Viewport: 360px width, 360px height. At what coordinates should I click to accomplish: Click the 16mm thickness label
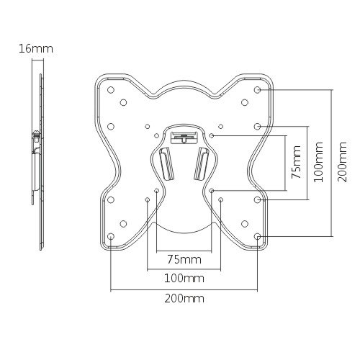(x=36, y=49)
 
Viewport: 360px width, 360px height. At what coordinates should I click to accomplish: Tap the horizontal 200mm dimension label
(x=184, y=299)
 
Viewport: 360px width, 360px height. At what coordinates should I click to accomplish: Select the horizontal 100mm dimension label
(x=184, y=279)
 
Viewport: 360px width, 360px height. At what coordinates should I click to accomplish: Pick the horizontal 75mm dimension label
(x=184, y=260)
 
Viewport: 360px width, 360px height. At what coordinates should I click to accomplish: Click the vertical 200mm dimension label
(x=342, y=162)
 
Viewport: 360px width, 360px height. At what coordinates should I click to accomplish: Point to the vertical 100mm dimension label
(x=319, y=162)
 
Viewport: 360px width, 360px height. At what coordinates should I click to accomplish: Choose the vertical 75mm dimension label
(x=296, y=162)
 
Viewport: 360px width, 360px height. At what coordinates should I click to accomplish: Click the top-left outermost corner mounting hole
(x=111, y=90)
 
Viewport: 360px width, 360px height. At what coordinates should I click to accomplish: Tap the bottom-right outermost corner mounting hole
(x=258, y=236)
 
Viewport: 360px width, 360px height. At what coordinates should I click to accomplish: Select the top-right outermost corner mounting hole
(x=258, y=90)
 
